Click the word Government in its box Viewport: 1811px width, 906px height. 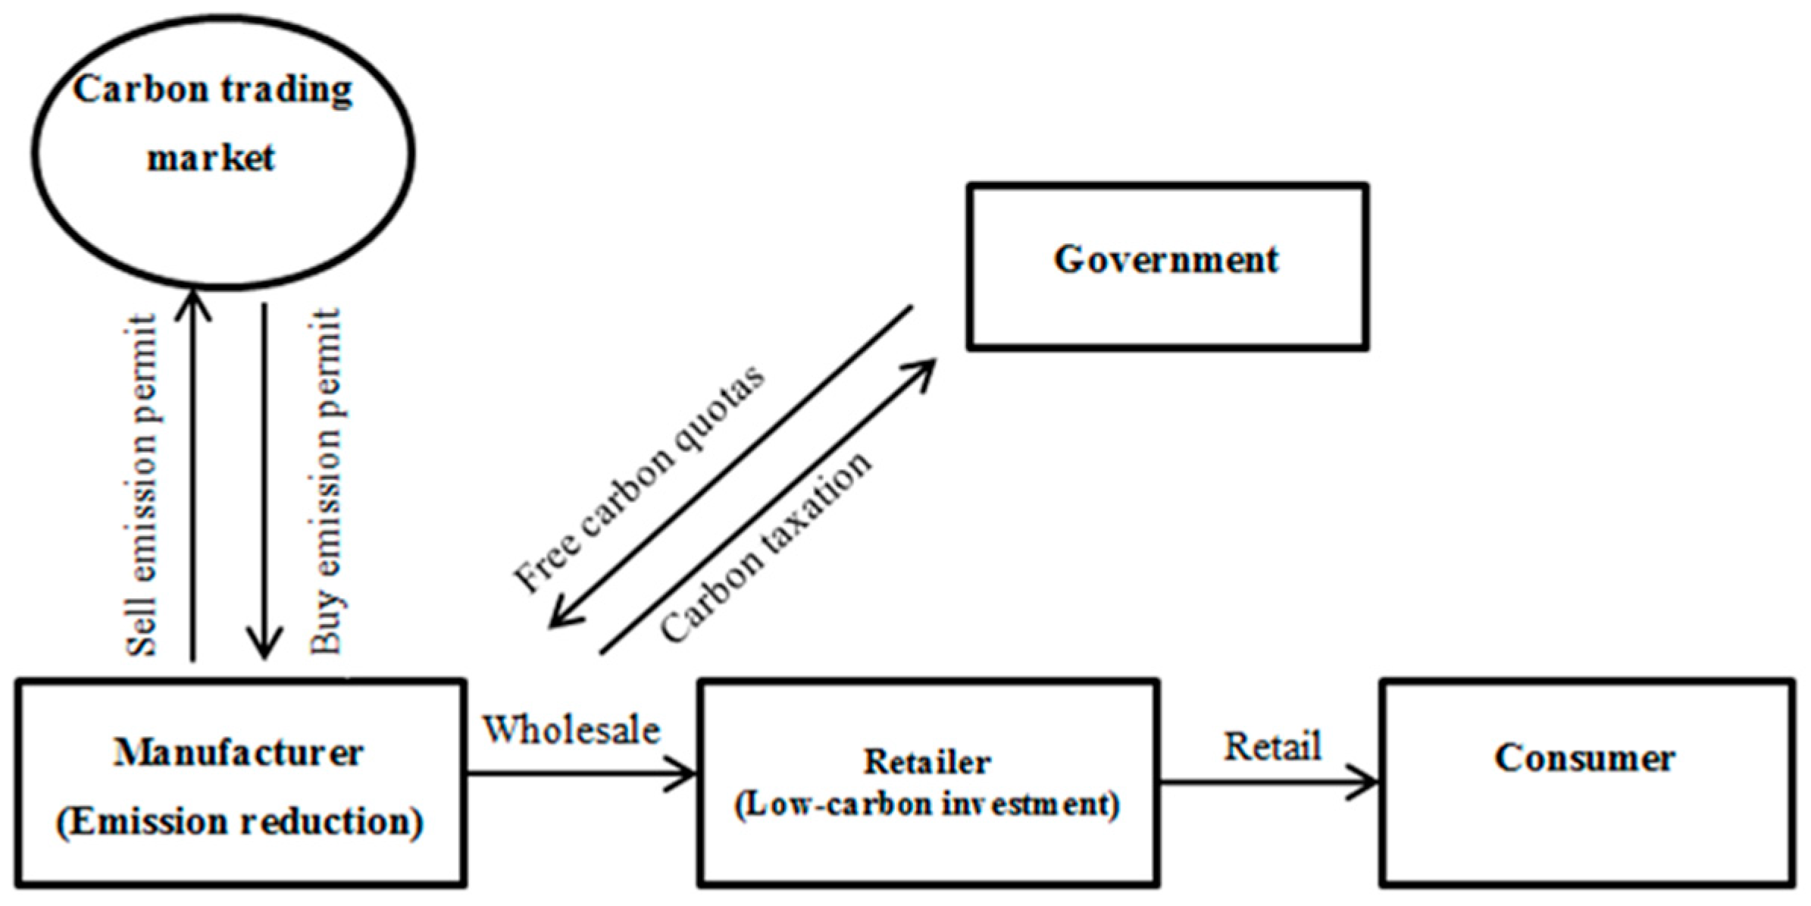click(x=1165, y=260)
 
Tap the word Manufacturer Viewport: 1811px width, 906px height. click(x=238, y=753)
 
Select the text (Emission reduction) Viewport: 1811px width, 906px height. click(x=239, y=822)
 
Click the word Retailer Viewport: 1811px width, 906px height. click(x=927, y=762)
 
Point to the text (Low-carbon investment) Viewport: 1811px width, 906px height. click(x=927, y=804)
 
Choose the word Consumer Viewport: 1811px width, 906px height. click(x=1584, y=757)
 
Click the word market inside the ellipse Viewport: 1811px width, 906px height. click(x=211, y=158)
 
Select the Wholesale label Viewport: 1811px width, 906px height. click(x=572, y=730)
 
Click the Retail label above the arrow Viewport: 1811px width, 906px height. click(x=1272, y=746)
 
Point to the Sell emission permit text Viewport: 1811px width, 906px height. click(x=142, y=485)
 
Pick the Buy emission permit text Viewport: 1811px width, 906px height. click(x=326, y=481)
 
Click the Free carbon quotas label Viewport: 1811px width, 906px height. click(x=639, y=479)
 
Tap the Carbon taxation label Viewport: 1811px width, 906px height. click(x=765, y=546)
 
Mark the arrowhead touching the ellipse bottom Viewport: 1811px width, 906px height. click(x=193, y=303)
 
